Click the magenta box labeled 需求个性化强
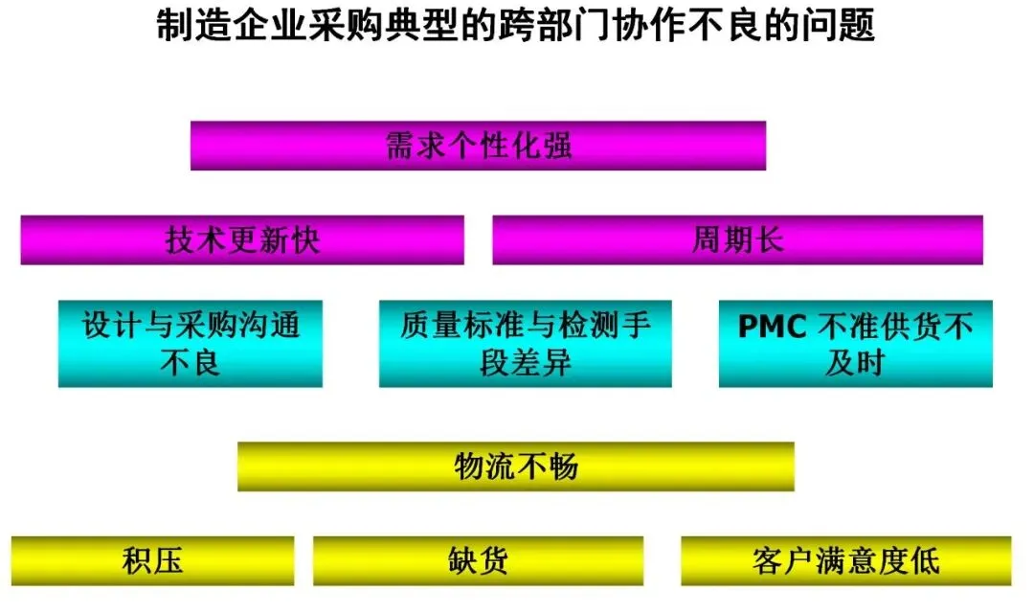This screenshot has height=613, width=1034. coord(478,146)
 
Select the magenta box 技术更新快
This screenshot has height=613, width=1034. coord(242,239)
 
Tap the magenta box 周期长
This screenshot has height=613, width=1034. coord(737,239)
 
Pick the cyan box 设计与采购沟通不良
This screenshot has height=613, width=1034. coord(190,344)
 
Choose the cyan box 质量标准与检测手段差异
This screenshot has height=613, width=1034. coord(525,344)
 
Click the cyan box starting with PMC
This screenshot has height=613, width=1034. coord(855,344)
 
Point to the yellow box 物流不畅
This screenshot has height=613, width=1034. coord(515,466)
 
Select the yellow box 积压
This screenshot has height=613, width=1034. coord(152,560)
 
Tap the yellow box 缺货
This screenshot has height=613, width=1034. coord(478,560)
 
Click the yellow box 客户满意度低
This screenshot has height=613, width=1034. coord(845,560)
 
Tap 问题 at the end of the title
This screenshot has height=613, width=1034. coord(840,26)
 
